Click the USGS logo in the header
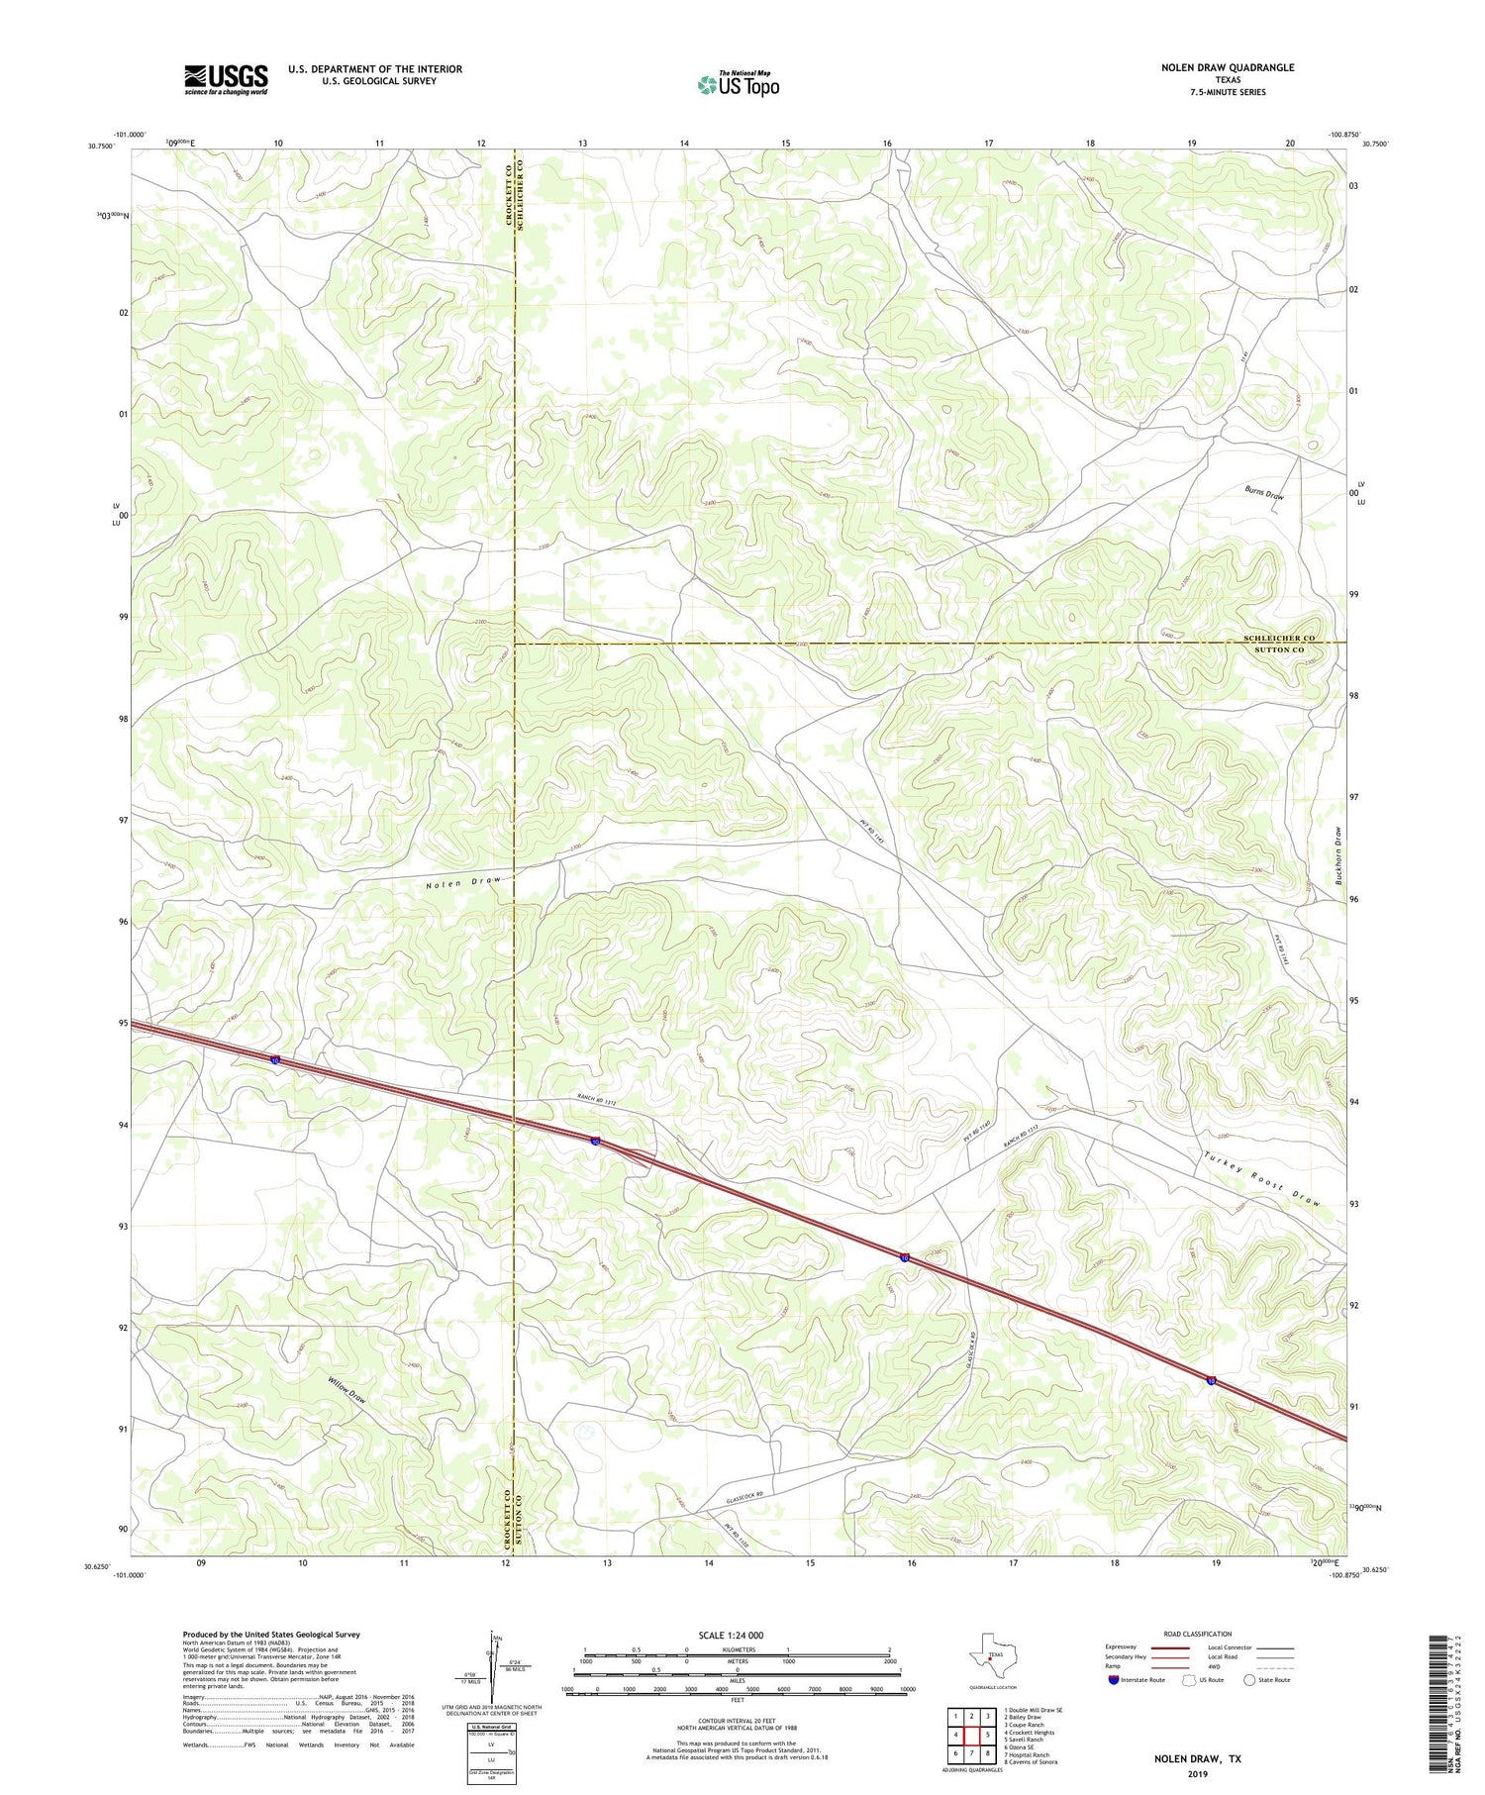(x=226, y=79)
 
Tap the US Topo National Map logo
(x=738, y=84)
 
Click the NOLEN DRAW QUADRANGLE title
(x=1228, y=67)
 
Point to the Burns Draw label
(x=1264, y=492)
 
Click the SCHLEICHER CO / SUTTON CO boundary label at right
(x=1278, y=644)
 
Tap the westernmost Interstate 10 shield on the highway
(x=275, y=1060)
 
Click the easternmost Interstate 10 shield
(x=1212, y=1380)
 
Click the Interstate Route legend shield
(x=1113, y=1679)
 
